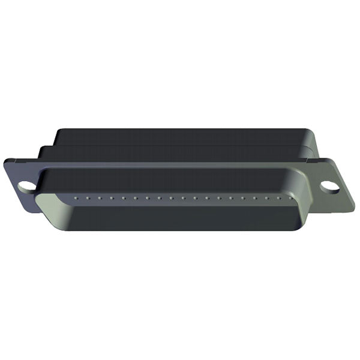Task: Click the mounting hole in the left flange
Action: (x=26, y=186)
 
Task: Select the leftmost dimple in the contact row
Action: (x=74, y=196)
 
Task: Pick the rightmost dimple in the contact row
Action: (x=290, y=196)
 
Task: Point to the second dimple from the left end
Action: (x=86, y=196)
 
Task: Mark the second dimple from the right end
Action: (x=278, y=196)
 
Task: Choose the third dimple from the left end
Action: (x=98, y=196)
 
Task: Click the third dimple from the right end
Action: (x=266, y=196)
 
